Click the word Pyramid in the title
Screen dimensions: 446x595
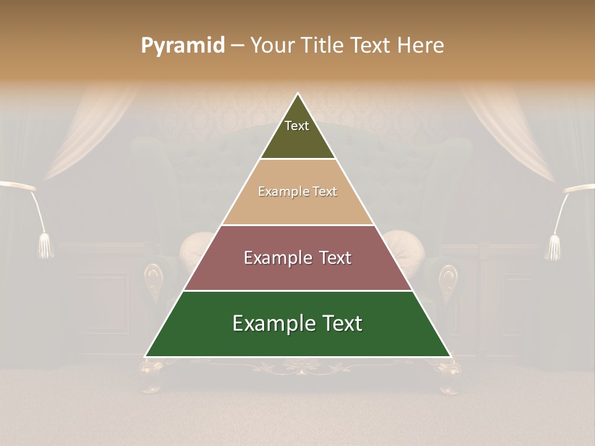[x=183, y=46]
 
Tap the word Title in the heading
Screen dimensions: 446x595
[x=324, y=46]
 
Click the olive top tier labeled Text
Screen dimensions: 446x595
[x=297, y=133]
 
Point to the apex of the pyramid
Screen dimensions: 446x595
[x=298, y=94]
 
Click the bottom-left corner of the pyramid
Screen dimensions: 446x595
[x=146, y=356]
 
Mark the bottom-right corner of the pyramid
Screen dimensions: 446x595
[x=450, y=356]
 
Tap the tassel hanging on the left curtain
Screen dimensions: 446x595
[x=46, y=246]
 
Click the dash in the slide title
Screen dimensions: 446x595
[x=237, y=46]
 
